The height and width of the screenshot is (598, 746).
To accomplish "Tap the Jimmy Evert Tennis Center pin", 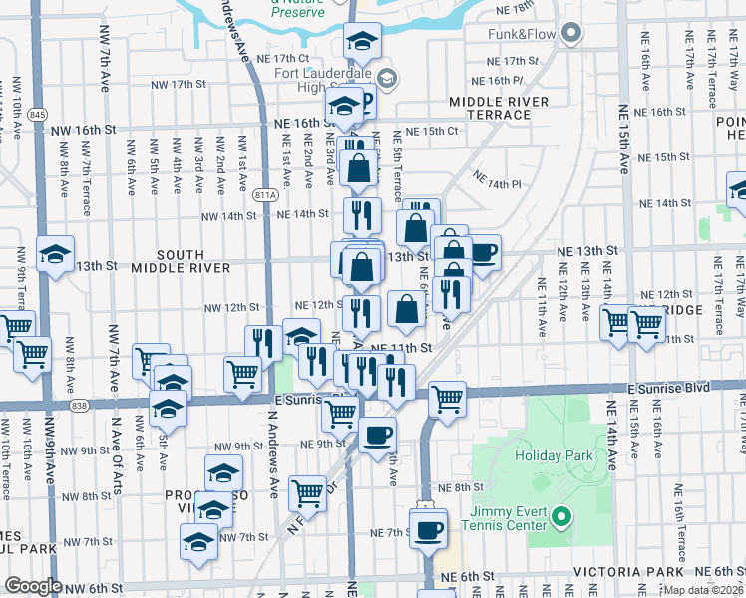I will (560, 516).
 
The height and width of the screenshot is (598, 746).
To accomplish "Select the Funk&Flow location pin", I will (571, 34).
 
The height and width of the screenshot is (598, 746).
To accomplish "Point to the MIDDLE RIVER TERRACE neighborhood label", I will (499, 108).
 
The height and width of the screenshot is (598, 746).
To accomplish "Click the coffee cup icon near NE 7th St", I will (429, 528).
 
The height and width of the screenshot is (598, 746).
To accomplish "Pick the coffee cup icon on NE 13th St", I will (483, 252).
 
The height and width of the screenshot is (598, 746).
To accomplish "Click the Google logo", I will (32, 586).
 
